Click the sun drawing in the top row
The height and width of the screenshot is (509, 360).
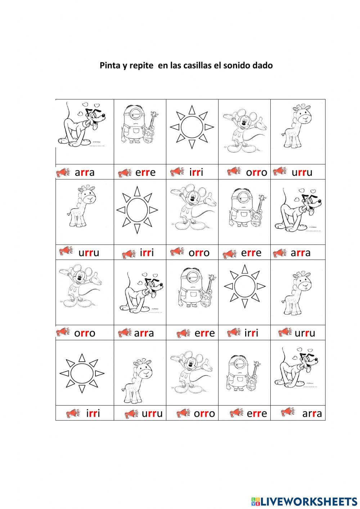point(192,127)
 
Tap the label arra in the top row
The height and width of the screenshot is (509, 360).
point(85,173)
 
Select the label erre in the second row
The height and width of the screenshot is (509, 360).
point(251,253)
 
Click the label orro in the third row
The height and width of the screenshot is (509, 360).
point(85,333)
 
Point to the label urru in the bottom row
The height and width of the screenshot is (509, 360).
point(152,414)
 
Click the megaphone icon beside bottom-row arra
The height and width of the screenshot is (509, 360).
point(288,412)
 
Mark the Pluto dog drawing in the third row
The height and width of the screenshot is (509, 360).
point(140,294)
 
